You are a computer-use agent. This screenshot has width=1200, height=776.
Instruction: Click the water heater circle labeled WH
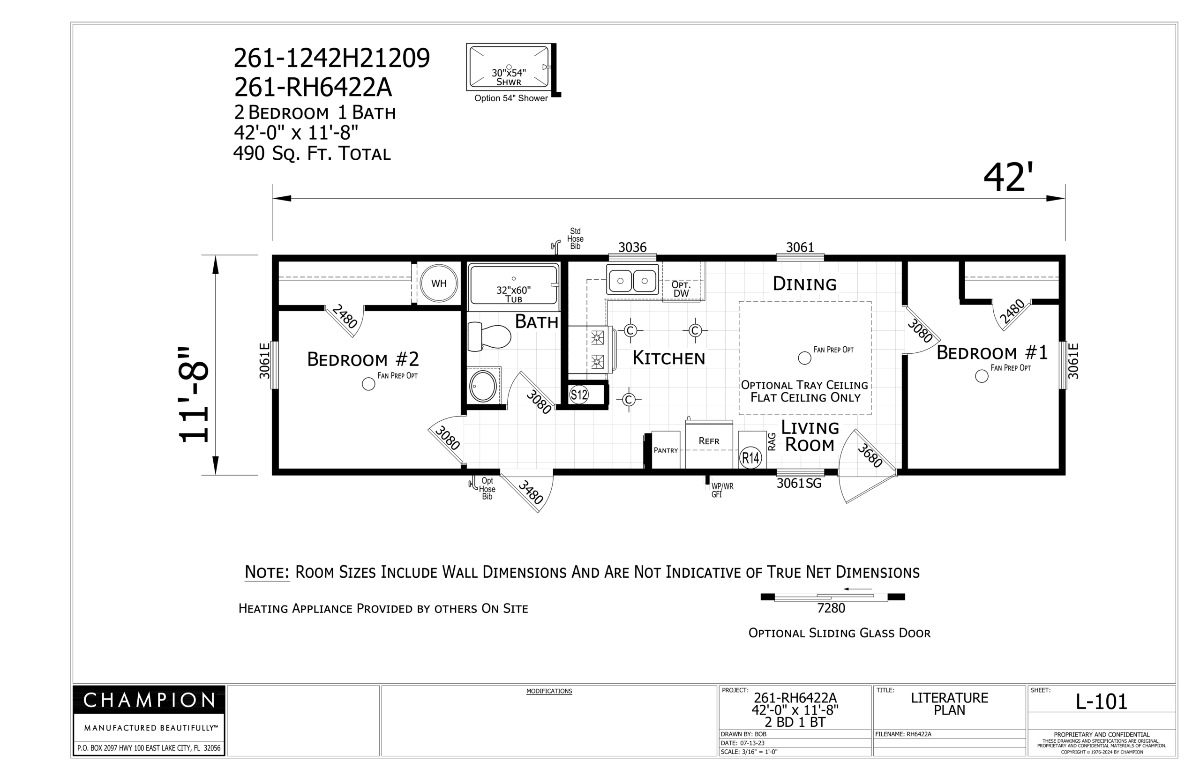[438, 283]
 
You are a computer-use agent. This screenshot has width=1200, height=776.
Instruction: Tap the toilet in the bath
[488, 336]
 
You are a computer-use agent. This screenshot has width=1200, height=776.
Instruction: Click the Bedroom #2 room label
[363, 359]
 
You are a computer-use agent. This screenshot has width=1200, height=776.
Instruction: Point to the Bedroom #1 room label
[992, 353]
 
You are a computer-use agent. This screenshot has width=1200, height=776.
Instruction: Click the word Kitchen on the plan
[668, 358]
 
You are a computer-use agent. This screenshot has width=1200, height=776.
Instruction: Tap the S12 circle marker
[578, 395]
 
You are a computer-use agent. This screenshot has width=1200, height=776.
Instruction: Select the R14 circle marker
[750, 458]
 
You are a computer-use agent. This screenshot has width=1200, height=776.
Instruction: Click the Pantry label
[665, 450]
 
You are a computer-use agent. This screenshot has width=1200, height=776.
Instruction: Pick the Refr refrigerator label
[709, 441]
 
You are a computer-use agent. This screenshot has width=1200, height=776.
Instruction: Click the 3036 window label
[632, 247]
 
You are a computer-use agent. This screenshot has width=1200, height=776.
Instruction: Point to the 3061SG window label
[799, 484]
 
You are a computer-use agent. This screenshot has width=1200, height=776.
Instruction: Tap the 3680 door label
[870, 455]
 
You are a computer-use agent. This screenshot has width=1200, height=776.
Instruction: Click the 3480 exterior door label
[531, 492]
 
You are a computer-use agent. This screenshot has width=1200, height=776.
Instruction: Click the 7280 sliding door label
[831, 608]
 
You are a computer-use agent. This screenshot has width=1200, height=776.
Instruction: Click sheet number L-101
[1101, 701]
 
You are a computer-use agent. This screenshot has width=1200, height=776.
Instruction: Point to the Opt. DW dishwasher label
[681, 289]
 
